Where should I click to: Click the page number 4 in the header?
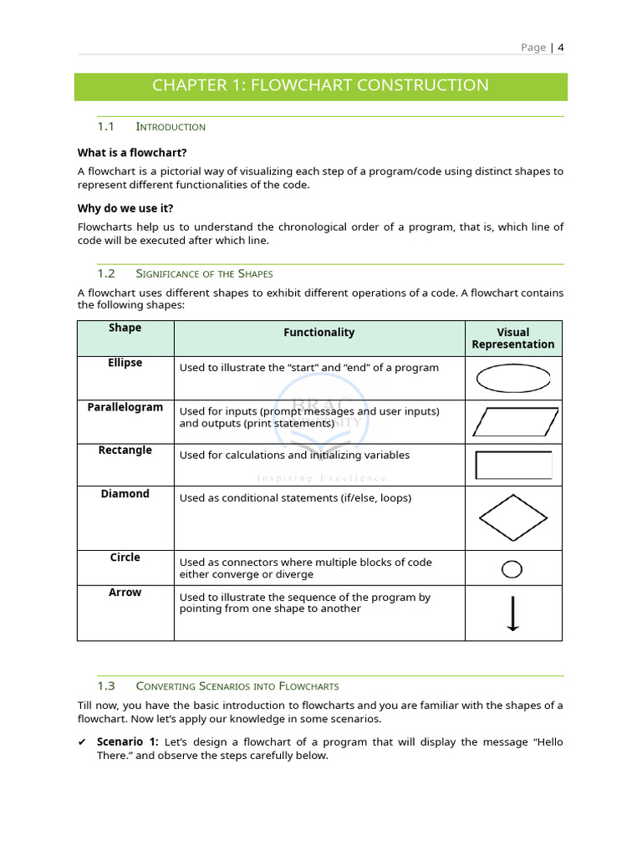pyautogui.click(x=561, y=48)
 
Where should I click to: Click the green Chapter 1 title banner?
pyautogui.click(x=320, y=86)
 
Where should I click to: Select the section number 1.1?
pyautogui.click(x=105, y=126)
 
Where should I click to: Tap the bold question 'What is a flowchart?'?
pyautogui.click(x=132, y=152)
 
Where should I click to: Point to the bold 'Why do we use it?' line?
pyautogui.click(x=125, y=208)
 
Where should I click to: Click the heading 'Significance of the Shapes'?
pyautogui.click(x=204, y=273)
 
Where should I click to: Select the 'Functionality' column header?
pyautogui.click(x=318, y=333)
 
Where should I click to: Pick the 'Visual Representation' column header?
pyautogui.click(x=512, y=339)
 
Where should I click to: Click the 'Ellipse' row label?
pyautogui.click(x=125, y=363)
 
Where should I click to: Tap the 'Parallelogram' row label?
pyautogui.click(x=125, y=407)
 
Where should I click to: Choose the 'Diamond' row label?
pyautogui.click(x=125, y=494)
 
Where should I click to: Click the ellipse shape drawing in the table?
pyautogui.click(x=512, y=379)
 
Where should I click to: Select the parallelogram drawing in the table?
pyautogui.click(x=513, y=422)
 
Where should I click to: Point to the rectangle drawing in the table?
pyautogui.click(x=513, y=465)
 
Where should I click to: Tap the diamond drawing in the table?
pyautogui.click(x=513, y=518)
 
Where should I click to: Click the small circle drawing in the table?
pyautogui.click(x=512, y=569)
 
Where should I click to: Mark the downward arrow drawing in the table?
pyautogui.click(x=512, y=614)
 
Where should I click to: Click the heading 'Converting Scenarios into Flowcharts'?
pyautogui.click(x=237, y=686)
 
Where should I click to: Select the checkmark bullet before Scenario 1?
pyautogui.click(x=82, y=742)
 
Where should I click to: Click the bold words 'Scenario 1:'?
pyautogui.click(x=127, y=742)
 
